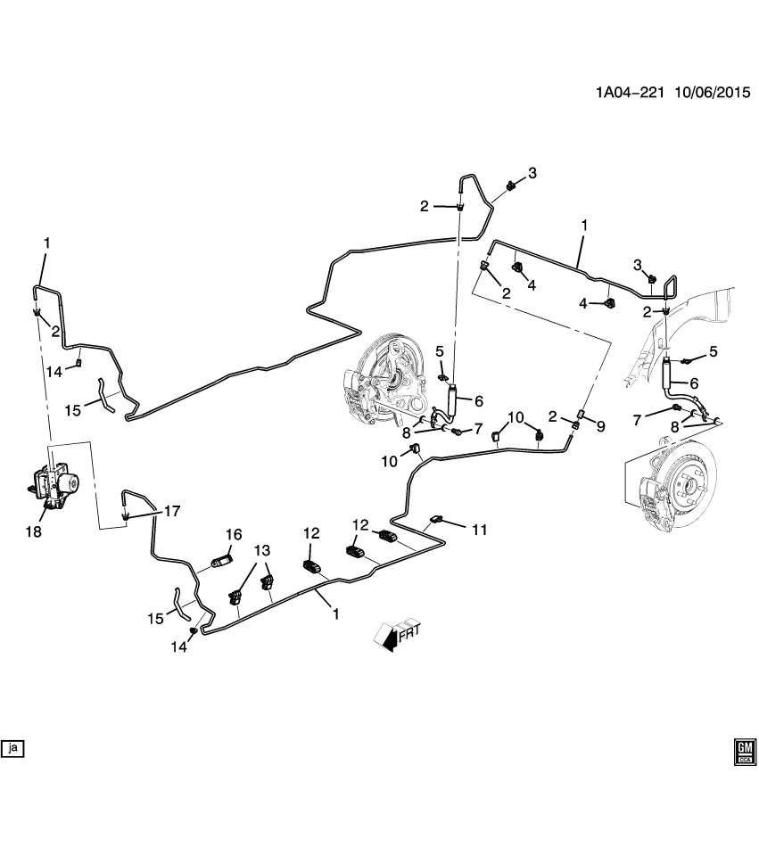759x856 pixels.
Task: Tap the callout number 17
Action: tap(172, 512)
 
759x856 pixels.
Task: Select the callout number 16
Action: tap(234, 534)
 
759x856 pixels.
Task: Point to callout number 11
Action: tap(480, 530)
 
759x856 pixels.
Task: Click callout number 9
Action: tap(601, 427)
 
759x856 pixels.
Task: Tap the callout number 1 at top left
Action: tap(47, 243)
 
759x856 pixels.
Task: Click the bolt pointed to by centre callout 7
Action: tap(457, 432)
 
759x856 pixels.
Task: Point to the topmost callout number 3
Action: tap(532, 173)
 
